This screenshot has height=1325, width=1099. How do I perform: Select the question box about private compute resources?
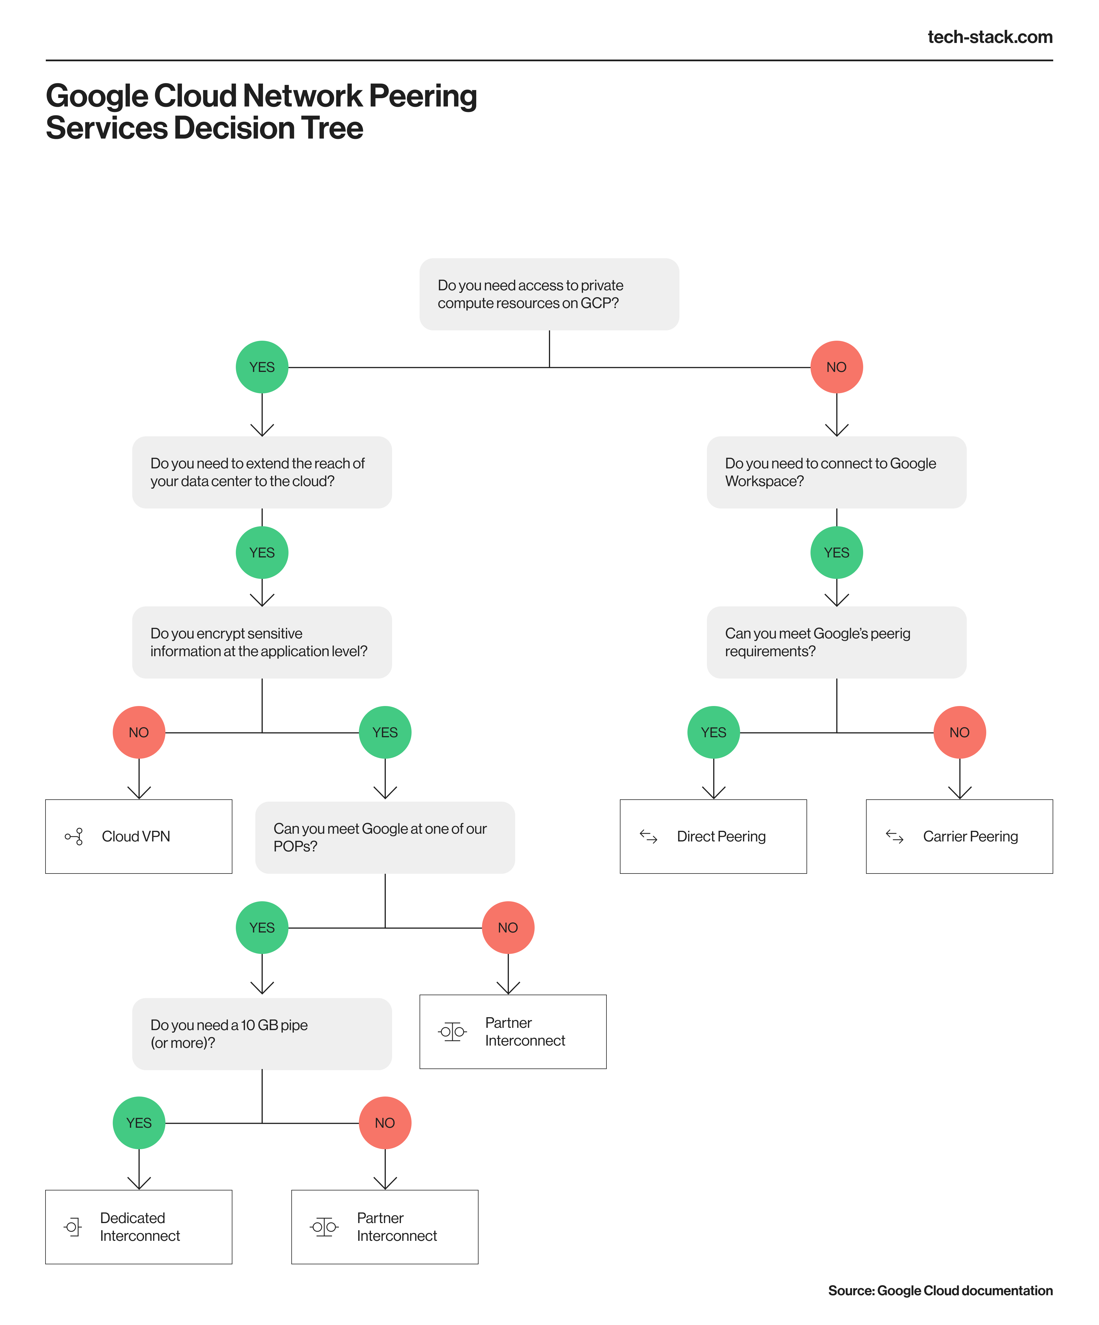point(549,294)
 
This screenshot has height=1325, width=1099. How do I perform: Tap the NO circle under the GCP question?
point(836,367)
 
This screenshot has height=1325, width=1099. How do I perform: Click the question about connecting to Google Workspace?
point(836,472)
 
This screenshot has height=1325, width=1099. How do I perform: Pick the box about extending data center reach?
point(262,472)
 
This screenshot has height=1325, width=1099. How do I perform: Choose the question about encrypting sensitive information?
point(262,642)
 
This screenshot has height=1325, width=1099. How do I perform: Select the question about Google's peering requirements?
point(836,642)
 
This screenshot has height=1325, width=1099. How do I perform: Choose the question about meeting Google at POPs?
point(385,837)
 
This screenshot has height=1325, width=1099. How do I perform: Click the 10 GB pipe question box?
point(262,1034)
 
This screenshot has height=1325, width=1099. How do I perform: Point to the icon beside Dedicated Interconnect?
point(73,1227)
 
